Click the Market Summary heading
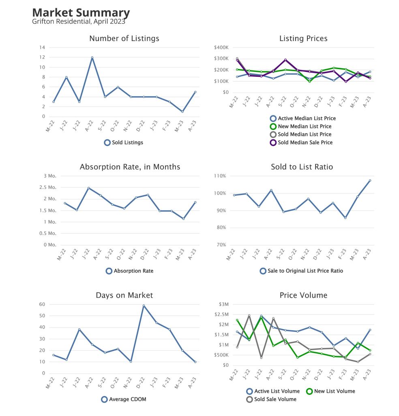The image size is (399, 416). [x=81, y=13]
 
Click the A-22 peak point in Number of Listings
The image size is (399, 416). [x=92, y=58]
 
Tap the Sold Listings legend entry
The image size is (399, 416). [x=124, y=143]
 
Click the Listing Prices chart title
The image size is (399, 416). [x=303, y=39]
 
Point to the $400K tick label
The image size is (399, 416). [x=221, y=48]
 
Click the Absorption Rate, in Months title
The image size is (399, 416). [x=130, y=167]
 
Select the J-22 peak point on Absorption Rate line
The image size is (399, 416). [x=89, y=188]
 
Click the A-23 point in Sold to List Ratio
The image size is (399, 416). [x=370, y=180]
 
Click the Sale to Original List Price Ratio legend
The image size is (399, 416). [x=301, y=271]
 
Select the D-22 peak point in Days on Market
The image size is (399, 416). [x=144, y=305]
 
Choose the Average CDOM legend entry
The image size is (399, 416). [x=124, y=399]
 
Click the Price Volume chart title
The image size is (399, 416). [x=303, y=295]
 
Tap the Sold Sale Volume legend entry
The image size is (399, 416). [x=271, y=399]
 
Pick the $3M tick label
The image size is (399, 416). [x=223, y=304]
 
